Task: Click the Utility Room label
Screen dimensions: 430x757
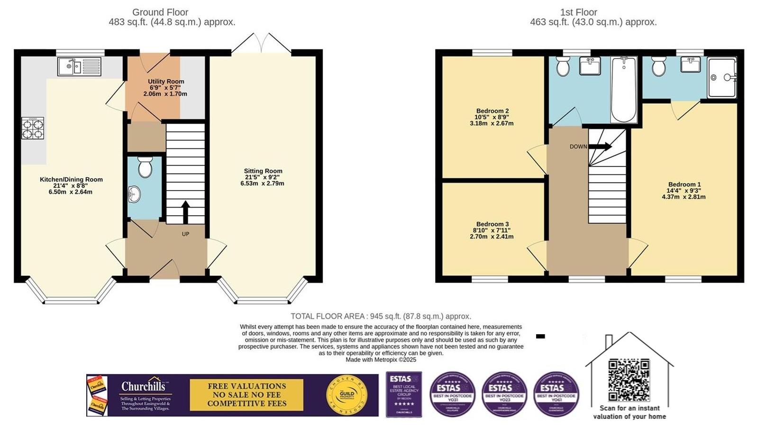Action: (166, 82)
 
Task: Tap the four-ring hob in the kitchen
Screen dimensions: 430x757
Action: (33, 128)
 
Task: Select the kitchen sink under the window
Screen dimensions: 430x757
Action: (79, 67)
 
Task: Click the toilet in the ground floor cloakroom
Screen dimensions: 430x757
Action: (145, 167)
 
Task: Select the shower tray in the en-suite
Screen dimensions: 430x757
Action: (722, 78)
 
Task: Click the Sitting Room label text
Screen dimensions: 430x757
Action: (263, 171)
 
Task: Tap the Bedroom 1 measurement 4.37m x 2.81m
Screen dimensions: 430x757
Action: (684, 197)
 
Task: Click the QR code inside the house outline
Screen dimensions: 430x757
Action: (629, 380)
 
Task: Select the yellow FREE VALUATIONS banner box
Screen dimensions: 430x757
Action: (246, 395)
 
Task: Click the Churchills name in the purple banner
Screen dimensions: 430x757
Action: (143, 386)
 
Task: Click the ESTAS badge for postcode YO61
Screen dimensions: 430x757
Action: (556, 394)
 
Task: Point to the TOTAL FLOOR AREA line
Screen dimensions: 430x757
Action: (381, 316)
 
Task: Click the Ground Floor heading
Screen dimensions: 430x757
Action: (160, 12)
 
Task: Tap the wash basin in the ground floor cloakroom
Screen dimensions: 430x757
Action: (135, 193)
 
